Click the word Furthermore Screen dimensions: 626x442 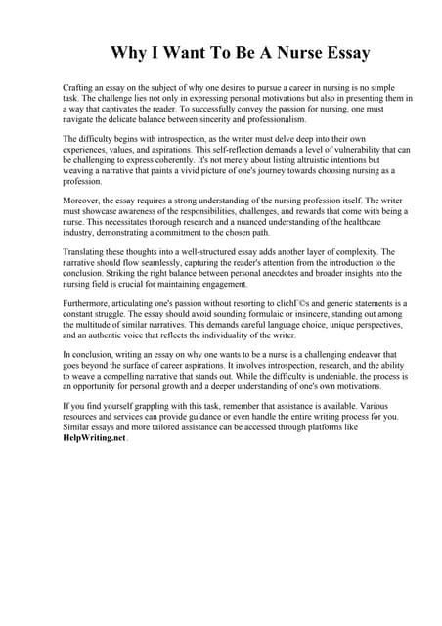coord(90,303)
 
